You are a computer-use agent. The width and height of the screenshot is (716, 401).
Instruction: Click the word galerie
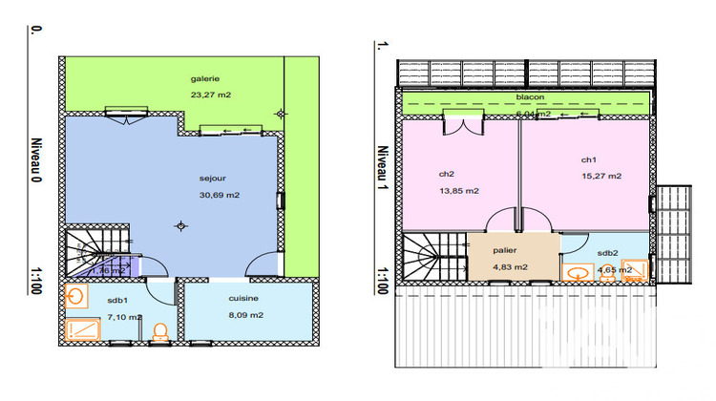click(x=204, y=78)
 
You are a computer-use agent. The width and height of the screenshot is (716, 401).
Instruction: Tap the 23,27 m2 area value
click(x=211, y=95)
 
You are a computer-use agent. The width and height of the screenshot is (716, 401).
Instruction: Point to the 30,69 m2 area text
click(x=219, y=195)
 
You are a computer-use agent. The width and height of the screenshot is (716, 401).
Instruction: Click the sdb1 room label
click(x=116, y=300)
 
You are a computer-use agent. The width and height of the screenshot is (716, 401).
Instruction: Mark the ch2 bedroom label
click(x=446, y=174)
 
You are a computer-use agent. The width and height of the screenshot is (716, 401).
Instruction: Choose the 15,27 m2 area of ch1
click(x=601, y=176)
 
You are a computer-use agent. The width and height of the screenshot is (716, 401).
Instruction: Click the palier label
click(x=504, y=250)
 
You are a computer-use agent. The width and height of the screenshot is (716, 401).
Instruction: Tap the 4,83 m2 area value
click(x=509, y=266)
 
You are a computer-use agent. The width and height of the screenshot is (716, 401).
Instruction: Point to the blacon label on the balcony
click(x=530, y=97)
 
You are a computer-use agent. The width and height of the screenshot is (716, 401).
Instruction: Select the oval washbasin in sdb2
click(x=577, y=271)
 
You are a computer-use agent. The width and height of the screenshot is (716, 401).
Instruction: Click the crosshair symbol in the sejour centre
click(x=180, y=225)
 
